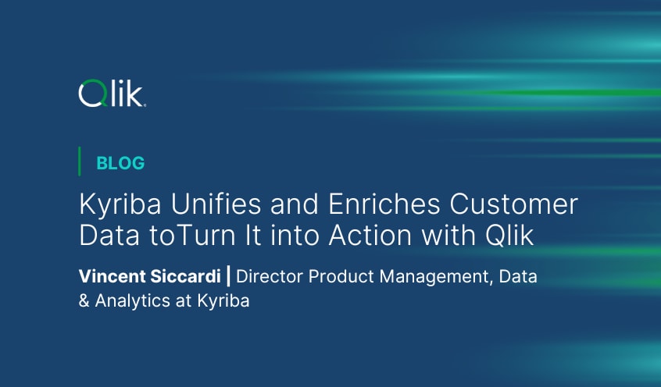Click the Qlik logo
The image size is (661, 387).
point(112,94)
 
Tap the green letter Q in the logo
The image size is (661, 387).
point(91,94)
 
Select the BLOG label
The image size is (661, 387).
point(120,163)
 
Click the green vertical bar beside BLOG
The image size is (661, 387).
point(80,162)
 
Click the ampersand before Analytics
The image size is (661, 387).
point(84,301)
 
